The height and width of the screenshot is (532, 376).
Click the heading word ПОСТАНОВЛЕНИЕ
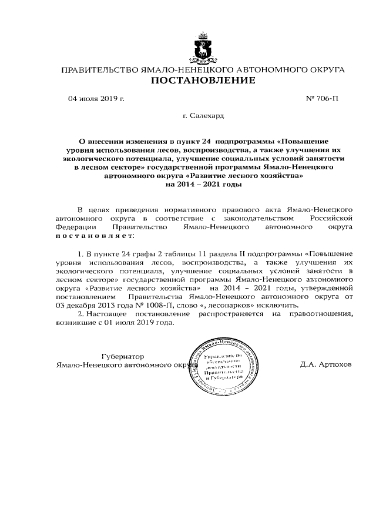coord(203,81)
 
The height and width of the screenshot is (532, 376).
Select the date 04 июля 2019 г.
coord(97,99)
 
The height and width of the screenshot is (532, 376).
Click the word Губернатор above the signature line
coord(122,356)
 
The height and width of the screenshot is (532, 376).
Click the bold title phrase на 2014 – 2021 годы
coord(203,185)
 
